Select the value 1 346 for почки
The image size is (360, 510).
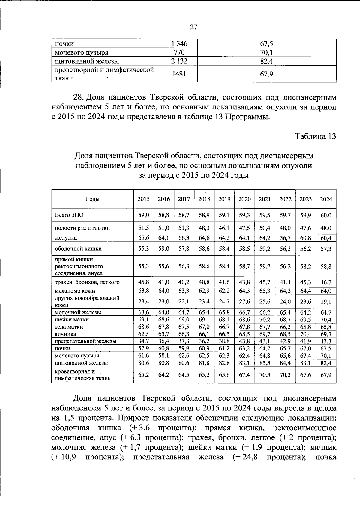[179, 44]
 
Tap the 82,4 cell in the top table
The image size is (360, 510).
[266, 61]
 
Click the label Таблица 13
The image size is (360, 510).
[316, 136]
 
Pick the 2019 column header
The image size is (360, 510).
[224, 199]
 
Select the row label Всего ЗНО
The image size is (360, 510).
[69, 215]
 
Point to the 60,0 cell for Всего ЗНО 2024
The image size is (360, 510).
[326, 215]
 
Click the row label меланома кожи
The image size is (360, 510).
[75, 291]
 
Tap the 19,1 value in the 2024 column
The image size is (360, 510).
[326, 301]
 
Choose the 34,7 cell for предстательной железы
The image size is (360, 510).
[143, 341]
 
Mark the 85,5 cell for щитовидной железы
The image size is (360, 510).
[265, 363]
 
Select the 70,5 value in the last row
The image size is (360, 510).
[265, 375]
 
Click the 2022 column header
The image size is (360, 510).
[285, 199]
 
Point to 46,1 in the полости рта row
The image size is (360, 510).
[224, 228]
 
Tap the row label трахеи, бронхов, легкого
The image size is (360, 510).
[87, 282]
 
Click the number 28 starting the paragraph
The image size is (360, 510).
[78, 97]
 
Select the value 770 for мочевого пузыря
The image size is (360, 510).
[179, 53]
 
